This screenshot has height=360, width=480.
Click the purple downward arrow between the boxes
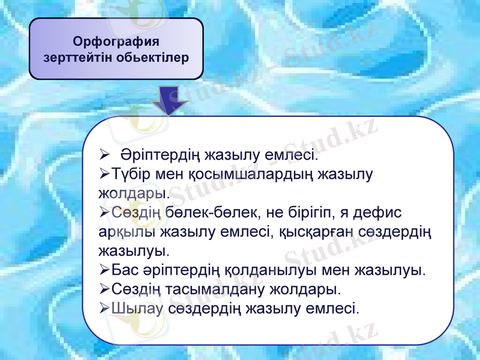[x=170, y=100]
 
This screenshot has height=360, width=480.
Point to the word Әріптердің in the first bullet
[x=158, y=156]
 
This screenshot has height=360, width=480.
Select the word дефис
[x=380, y=213]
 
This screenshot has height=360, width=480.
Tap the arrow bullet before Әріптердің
[x=104, y=156]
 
